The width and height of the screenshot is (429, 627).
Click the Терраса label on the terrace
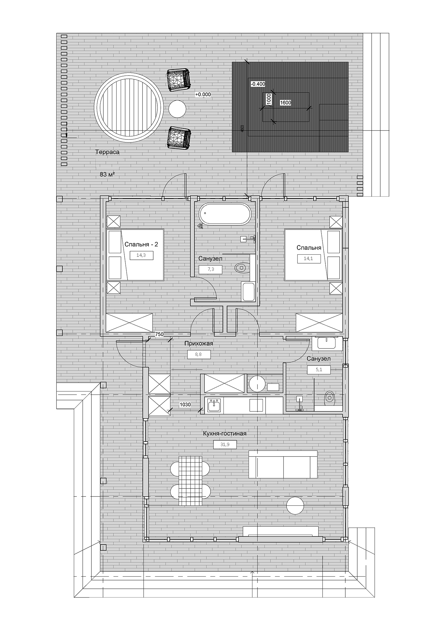point(107,152)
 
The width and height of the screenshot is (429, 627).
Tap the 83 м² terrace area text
point(107,174)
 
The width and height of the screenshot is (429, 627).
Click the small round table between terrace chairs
point(177,109)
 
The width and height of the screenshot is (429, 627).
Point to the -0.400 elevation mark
point(258,84)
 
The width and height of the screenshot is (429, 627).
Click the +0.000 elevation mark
point(203,94)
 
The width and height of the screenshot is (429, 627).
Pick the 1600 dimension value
point(285,103)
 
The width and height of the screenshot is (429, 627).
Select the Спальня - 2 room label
point(141,244)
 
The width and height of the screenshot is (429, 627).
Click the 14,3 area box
point(141,255)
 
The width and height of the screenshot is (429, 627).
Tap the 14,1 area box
point(309,259)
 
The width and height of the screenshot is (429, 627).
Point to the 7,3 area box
point(210,269)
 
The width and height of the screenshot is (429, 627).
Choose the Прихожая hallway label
point(199,343)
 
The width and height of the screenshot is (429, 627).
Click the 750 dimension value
point(159,334)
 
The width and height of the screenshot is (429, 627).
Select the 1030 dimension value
point(185,405)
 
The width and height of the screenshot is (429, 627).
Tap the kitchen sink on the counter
point(214,406)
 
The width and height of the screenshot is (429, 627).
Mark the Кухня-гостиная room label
point(225,434)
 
